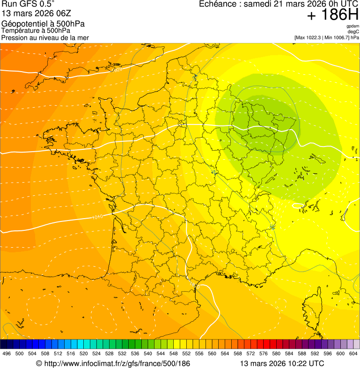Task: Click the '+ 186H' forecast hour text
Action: pyautogui.click(x=333, y=16)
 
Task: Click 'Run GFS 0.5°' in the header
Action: pyautogui.click(x=28, y=4)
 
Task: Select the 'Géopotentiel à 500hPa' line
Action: pyautogui.click(x=43, y=24)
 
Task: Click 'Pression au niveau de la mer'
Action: pyautogui.click(x=45, y=37)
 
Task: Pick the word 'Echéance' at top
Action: pyautogui.click(x=217, y=4)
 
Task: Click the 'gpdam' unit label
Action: pyautogui.click(x=353, y=26)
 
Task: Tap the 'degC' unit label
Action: pyautogui.click(x=353, y=32)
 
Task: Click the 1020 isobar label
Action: pyautogui.click(x=117, y=70)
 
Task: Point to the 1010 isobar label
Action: pyautogui.click(x=97, y=217)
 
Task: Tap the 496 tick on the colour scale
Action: pyautogui.click(x=7, y=353)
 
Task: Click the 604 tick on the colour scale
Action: pyautogui.click(x=353, y=353)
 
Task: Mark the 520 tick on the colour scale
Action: pyautogui.click(x=84, y=353)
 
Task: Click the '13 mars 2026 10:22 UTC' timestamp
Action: pyautogui.click(x=282, y=363)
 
